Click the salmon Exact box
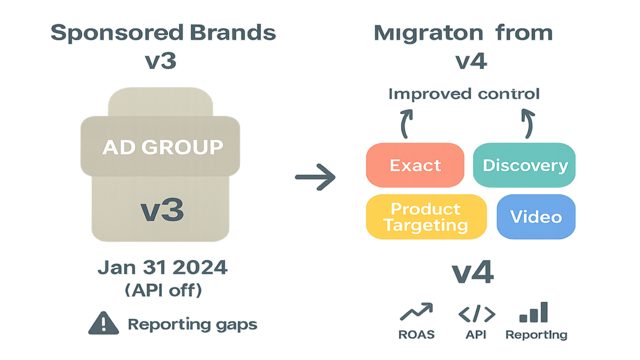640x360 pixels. pyautogui.click(x=415, y=165)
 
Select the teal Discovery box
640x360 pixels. pyautogui.click(x=525, y=165)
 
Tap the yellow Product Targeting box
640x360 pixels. pyautogui.click(x=426, y=217)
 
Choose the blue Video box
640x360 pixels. pyautogui.click(x=535, y=217)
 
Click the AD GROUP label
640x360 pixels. pyautogui.click(x=163, y=147)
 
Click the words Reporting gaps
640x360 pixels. pyautogui.click(x=192, y=324)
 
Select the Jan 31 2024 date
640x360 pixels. pyautogui.click(x=163, y=268)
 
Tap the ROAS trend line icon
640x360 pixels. pyautogui.click(x=416, y=311)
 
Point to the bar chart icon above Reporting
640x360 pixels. pyautogui.click(x=534, y=311)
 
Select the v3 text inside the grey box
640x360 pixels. pyautogui.click(x=163, y=210)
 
